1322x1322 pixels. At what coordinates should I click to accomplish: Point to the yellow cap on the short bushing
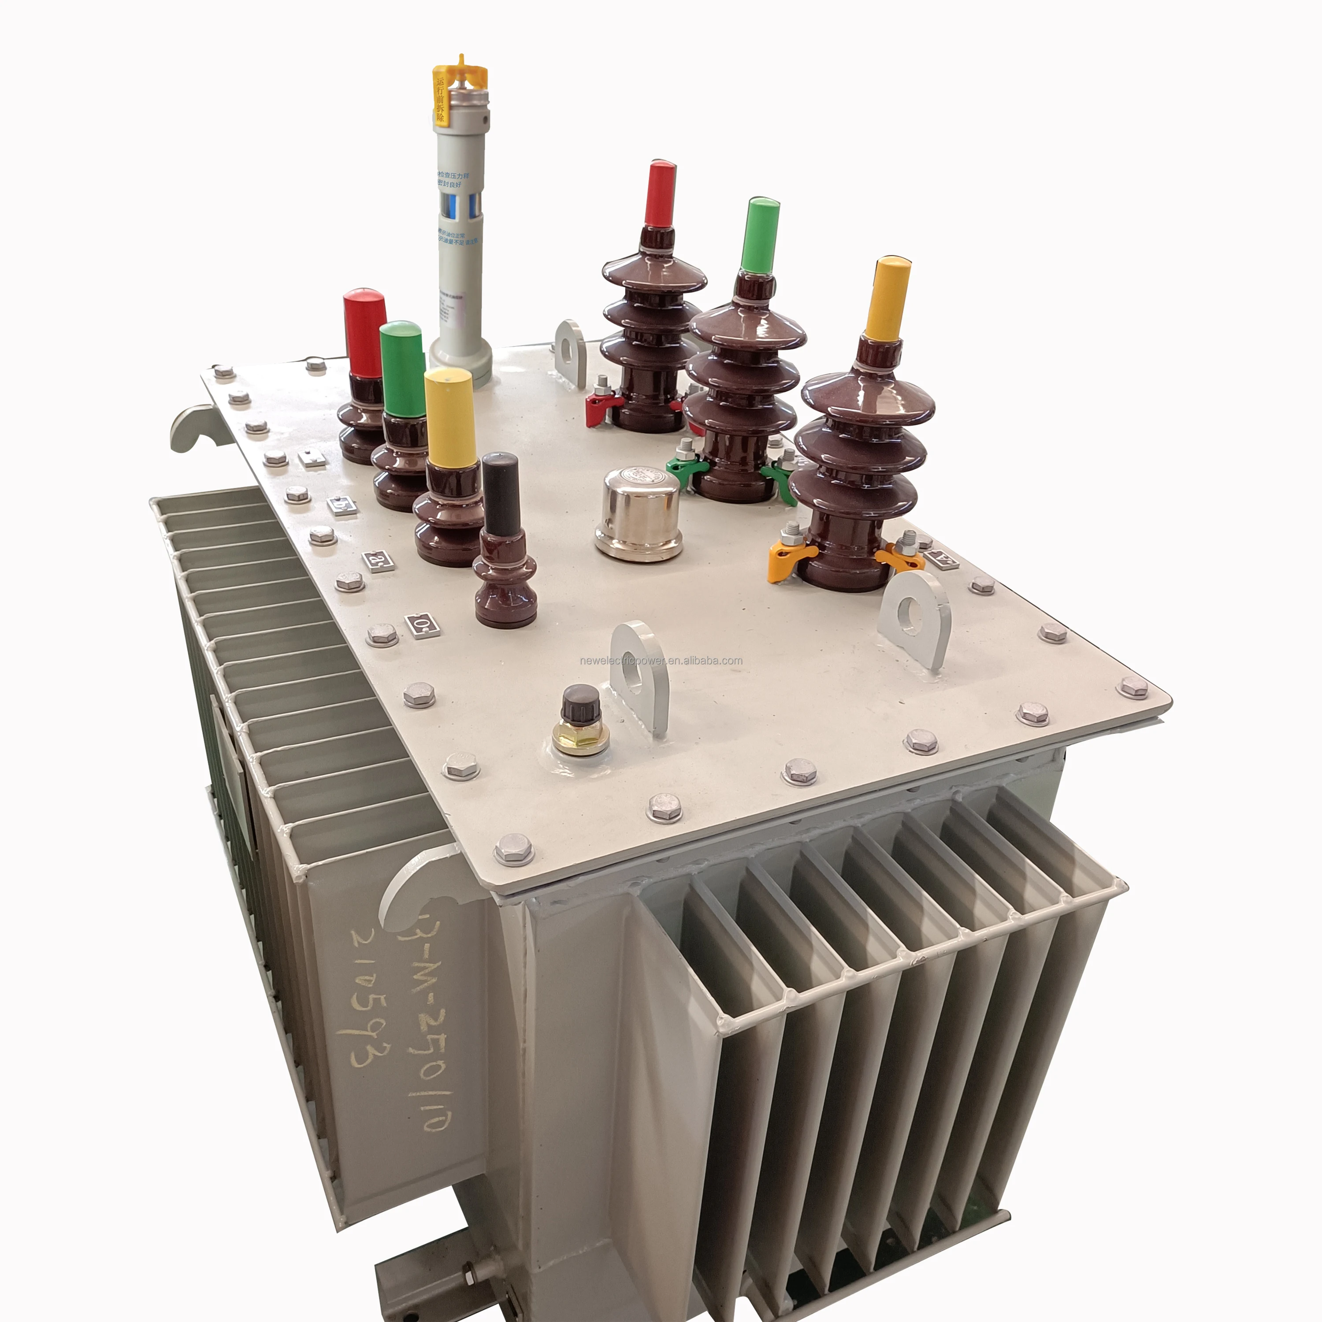click(x=449, y=417)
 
